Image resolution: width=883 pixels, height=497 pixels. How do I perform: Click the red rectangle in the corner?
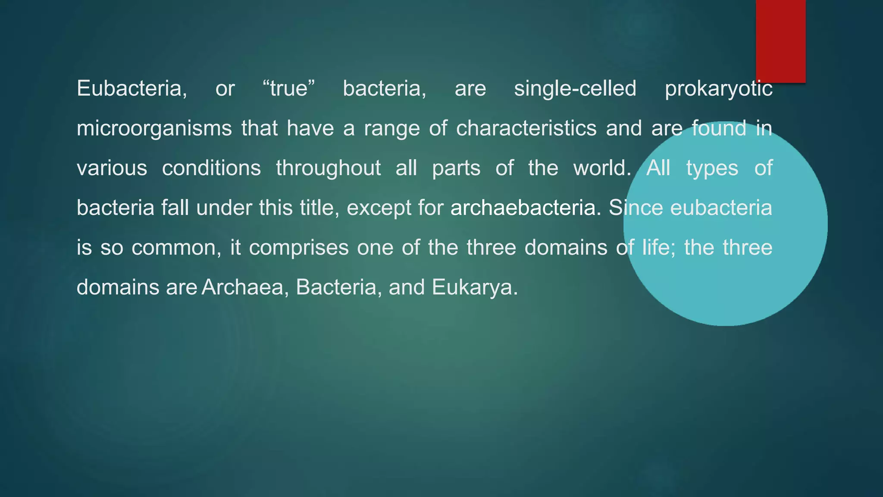coord(780,41)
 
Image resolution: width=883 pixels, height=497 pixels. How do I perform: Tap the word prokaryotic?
coord(718,89)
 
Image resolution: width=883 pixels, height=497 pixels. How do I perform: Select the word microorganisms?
coord(154,129)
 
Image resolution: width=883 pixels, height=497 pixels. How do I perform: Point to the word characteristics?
coord(526,128)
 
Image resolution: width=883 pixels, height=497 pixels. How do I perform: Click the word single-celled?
coord(575,89)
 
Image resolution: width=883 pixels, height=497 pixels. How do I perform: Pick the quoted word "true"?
coord(289,89)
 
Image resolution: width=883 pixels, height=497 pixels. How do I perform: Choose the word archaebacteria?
coord(525,208)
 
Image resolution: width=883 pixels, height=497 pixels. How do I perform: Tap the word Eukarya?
coord(474,287)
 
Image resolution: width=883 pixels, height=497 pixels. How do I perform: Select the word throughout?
coord(328,169)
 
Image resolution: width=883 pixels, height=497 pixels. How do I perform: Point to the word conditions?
coord(211,168)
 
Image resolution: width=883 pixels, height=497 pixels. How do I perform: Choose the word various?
coord(112,168)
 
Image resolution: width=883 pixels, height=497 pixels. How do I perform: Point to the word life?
coord(658,248)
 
